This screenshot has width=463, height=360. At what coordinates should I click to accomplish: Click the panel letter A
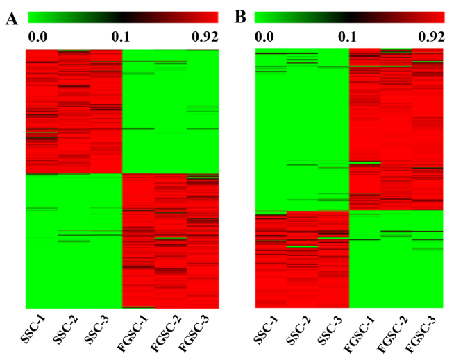click(12, 19)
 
